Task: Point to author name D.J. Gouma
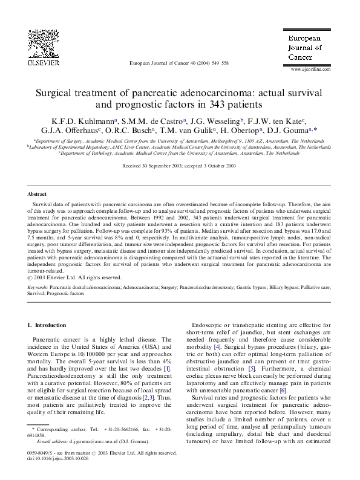point(292,132)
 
